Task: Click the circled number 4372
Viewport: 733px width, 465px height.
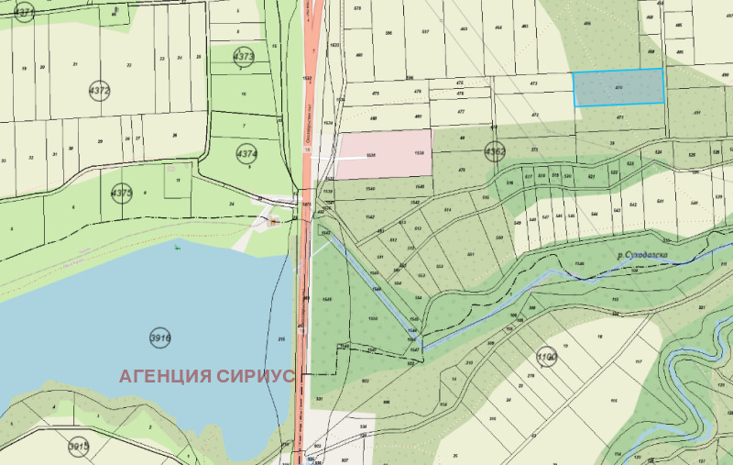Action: tap(99, 91)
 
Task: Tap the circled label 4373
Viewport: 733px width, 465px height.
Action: tap(244, 56)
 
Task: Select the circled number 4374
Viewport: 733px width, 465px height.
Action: tap(246, 152)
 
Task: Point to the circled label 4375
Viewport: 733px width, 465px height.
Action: tap(122, 193)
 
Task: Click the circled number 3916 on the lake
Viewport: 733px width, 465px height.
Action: tap(160, 338)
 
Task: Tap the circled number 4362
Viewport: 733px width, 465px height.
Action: tap(495, 152)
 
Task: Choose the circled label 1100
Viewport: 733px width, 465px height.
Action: tap(547, 357)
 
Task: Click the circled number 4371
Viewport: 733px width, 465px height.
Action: tap(25, 12)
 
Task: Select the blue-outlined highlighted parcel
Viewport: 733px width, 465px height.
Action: tap(618, 87)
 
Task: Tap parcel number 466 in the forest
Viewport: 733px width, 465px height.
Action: tap(613, 23)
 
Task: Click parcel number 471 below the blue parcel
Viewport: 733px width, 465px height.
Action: tap(619, 117)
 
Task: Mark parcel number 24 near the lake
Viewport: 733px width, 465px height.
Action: tap(233, 204)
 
